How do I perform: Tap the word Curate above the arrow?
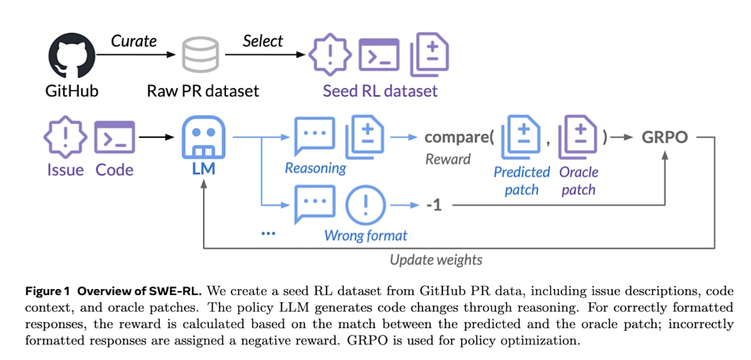(x=134, y=41)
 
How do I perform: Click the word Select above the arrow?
(x=263, y=41)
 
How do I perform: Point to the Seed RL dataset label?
(x=380, y=91)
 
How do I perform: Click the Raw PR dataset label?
(x=203, y=91)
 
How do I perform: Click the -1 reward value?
(x=433, y=205)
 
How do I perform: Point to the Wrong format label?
(x=365, y=236)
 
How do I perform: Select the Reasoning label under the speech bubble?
(x=315, y=168)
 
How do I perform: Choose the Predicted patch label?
(x=521, y=180)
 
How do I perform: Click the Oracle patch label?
(x=579, y=180)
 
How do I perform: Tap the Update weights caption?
(x=436, y=259)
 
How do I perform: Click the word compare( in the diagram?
(x=460, y=137)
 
